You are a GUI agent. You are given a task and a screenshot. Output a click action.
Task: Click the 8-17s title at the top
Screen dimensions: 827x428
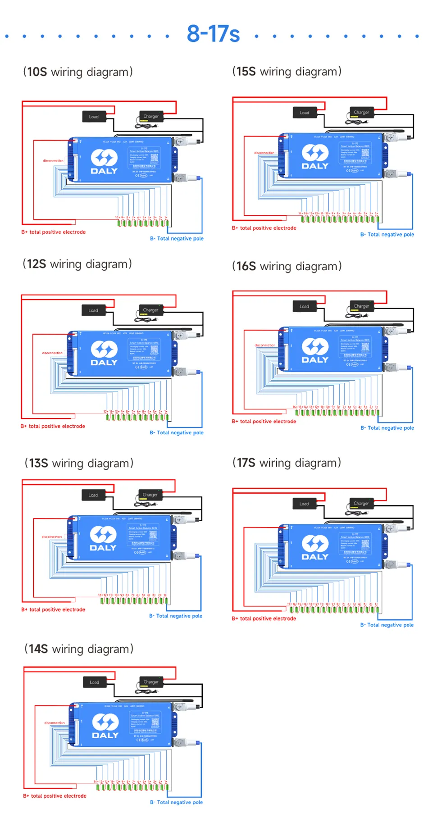point(213,34)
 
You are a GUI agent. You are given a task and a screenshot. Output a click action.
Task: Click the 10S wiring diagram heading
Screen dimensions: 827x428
point(78,72)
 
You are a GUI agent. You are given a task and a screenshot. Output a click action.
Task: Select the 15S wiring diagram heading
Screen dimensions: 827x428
point(287,72)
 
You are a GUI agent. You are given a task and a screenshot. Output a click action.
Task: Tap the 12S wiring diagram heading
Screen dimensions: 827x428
point(77,264)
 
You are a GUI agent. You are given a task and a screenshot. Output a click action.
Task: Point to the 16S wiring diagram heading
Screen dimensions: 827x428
point(287,266)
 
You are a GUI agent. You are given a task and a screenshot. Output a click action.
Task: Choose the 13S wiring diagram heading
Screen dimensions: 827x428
point(79,463)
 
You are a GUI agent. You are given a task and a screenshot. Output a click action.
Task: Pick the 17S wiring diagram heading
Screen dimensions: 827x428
point(287,463)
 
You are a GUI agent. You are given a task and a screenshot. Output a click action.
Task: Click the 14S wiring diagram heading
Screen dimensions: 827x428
point(79,649)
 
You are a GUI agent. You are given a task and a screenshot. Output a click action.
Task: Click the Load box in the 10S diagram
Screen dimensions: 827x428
point(94,117)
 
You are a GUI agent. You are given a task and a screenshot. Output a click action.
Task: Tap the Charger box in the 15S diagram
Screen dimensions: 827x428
point(361,112)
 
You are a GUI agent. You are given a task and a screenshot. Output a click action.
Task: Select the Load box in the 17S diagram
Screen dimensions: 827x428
point(304,504)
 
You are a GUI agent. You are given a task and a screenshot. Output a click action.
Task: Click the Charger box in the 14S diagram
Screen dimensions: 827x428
point(151,682)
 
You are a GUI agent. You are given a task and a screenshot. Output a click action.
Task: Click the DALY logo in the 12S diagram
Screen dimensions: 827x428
point(104,353)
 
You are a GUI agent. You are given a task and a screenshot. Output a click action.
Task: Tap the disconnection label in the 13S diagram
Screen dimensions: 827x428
point(52,537)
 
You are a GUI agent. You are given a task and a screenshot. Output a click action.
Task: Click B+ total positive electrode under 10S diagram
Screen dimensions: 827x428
point(53,232)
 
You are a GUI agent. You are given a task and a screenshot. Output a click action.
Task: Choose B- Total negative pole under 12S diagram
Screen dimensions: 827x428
point(177,433)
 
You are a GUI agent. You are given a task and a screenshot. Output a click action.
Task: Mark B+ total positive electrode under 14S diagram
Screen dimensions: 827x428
point(55,796)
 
